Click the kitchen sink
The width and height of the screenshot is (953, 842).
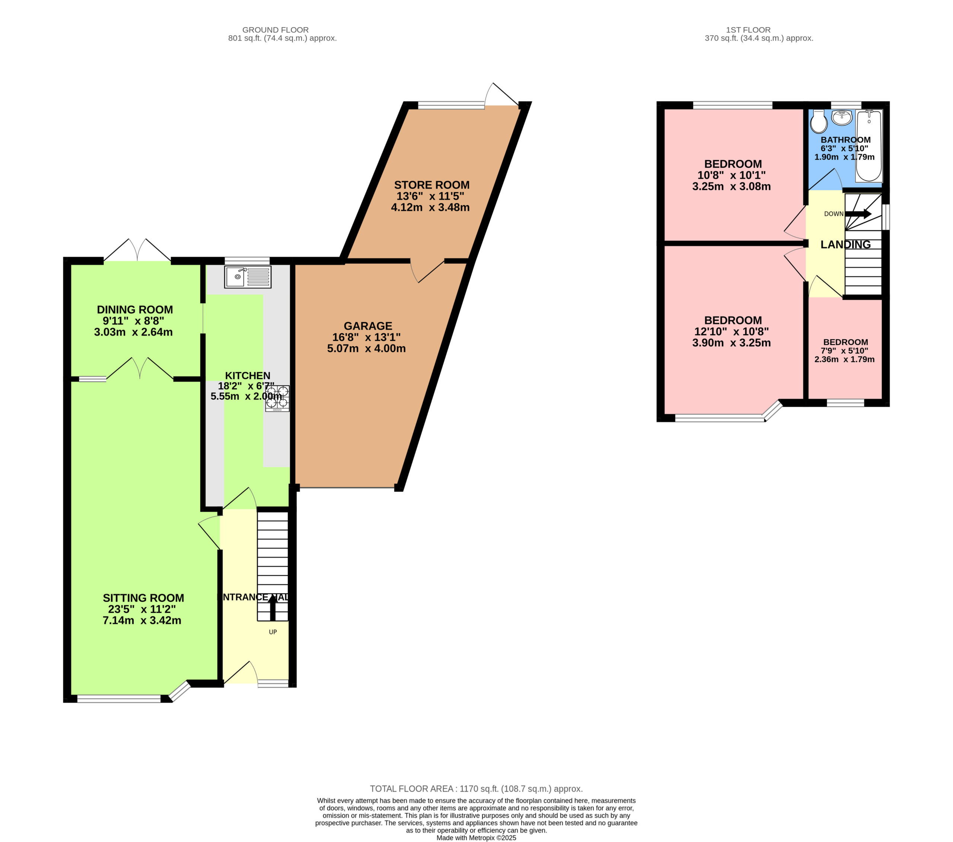pyautogui.click(x=248, y=277)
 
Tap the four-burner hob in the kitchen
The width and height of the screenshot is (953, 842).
pyautogui.click(x=277, y=398)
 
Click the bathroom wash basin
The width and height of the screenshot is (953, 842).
pyautogui.click(x=842, y=118)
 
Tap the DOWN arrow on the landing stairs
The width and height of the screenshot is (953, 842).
pyautogui.click(x=858, y=214)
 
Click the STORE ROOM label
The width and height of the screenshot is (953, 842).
pyautogui.click(x=432, y=185)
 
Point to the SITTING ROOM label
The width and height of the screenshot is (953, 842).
pyautogui.click(x=143, y=598)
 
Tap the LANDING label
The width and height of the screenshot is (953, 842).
pyautogui.click(x=845, y=244)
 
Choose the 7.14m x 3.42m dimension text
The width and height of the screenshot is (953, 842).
pyautogui.click(x=142, y=620)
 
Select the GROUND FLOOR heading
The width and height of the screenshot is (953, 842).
pyautogui.click(x=275, y=30)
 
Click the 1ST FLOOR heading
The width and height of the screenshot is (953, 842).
pyautogui.click(x=748, y=30)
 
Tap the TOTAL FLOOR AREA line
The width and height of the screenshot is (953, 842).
pyautogui.click(x=476, y=789)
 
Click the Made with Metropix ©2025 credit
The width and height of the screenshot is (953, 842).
pyautogui.click(x=476, y=838)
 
